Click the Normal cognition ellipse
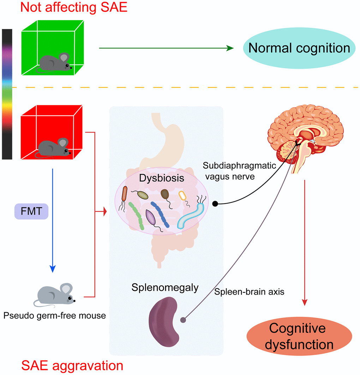click(x=299, y=48)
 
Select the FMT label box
click(x=31, y=212)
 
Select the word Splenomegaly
click(x=165, y=288)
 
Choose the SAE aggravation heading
click(x=72, y=365)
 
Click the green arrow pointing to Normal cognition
click(x=166, y=48)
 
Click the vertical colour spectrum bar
click(x=7, y=94)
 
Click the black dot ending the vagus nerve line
click(x=215, y=204)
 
